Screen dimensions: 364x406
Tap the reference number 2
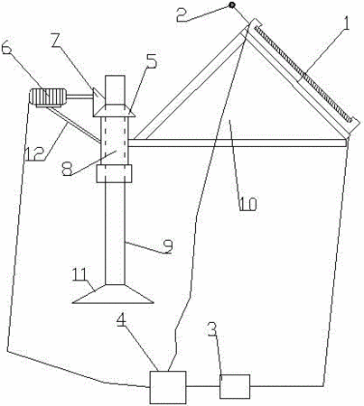pos(182,14)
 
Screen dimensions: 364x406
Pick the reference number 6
pos(6,48)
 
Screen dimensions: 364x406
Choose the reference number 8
pos(67,170)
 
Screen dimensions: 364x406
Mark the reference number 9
pos(168,246)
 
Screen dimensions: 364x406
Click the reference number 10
pos(247,204)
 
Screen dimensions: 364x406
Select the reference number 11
pos(80,274)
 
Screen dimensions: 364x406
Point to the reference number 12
pos(34,153)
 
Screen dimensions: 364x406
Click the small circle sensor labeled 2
pos(232,5)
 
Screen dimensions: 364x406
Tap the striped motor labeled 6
pos(48,97)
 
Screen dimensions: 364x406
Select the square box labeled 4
pos(168,387)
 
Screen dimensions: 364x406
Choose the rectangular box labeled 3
pos(235,386)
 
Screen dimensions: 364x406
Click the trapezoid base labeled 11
pos(113,294)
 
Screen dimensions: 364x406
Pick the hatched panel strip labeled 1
pos(303,73)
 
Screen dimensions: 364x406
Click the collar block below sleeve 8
pos(114,173)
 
